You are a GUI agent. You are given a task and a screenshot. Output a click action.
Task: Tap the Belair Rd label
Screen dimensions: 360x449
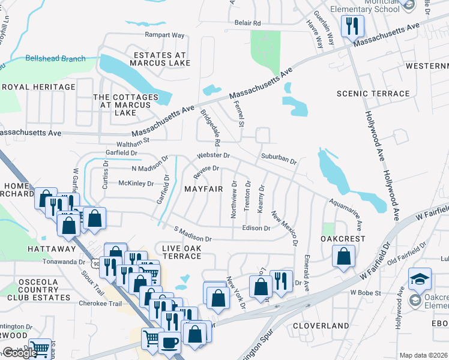[247, 23]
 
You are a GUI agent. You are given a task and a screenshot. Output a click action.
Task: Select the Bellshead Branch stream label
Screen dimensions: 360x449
[55, 59]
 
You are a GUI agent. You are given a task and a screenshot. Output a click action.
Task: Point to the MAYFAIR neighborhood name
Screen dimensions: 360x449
[203, 188]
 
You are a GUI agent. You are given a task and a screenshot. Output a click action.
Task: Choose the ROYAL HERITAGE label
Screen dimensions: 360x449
[39, 87]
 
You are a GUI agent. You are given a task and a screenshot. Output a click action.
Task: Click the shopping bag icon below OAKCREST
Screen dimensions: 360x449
[343, 256]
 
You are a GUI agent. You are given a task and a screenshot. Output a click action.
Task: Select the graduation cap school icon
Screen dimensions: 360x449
[420, 279]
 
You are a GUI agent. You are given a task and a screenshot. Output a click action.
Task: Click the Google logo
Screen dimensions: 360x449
[19, 353]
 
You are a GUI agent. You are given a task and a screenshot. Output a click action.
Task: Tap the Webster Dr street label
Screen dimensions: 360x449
[214, 155]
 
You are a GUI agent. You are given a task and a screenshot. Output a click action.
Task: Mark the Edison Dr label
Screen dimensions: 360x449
[256, 228]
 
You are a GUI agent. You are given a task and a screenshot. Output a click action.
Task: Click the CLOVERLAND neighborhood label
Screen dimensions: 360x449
[321, 326]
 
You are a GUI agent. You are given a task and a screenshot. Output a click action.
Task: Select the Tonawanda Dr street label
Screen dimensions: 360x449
[65, 262]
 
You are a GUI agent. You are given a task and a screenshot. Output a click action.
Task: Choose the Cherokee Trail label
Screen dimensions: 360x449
[100, 304]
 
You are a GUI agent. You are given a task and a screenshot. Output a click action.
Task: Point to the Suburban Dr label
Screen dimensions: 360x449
[279, 161]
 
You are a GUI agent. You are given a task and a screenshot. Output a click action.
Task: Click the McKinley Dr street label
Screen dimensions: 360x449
[136, 184]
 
